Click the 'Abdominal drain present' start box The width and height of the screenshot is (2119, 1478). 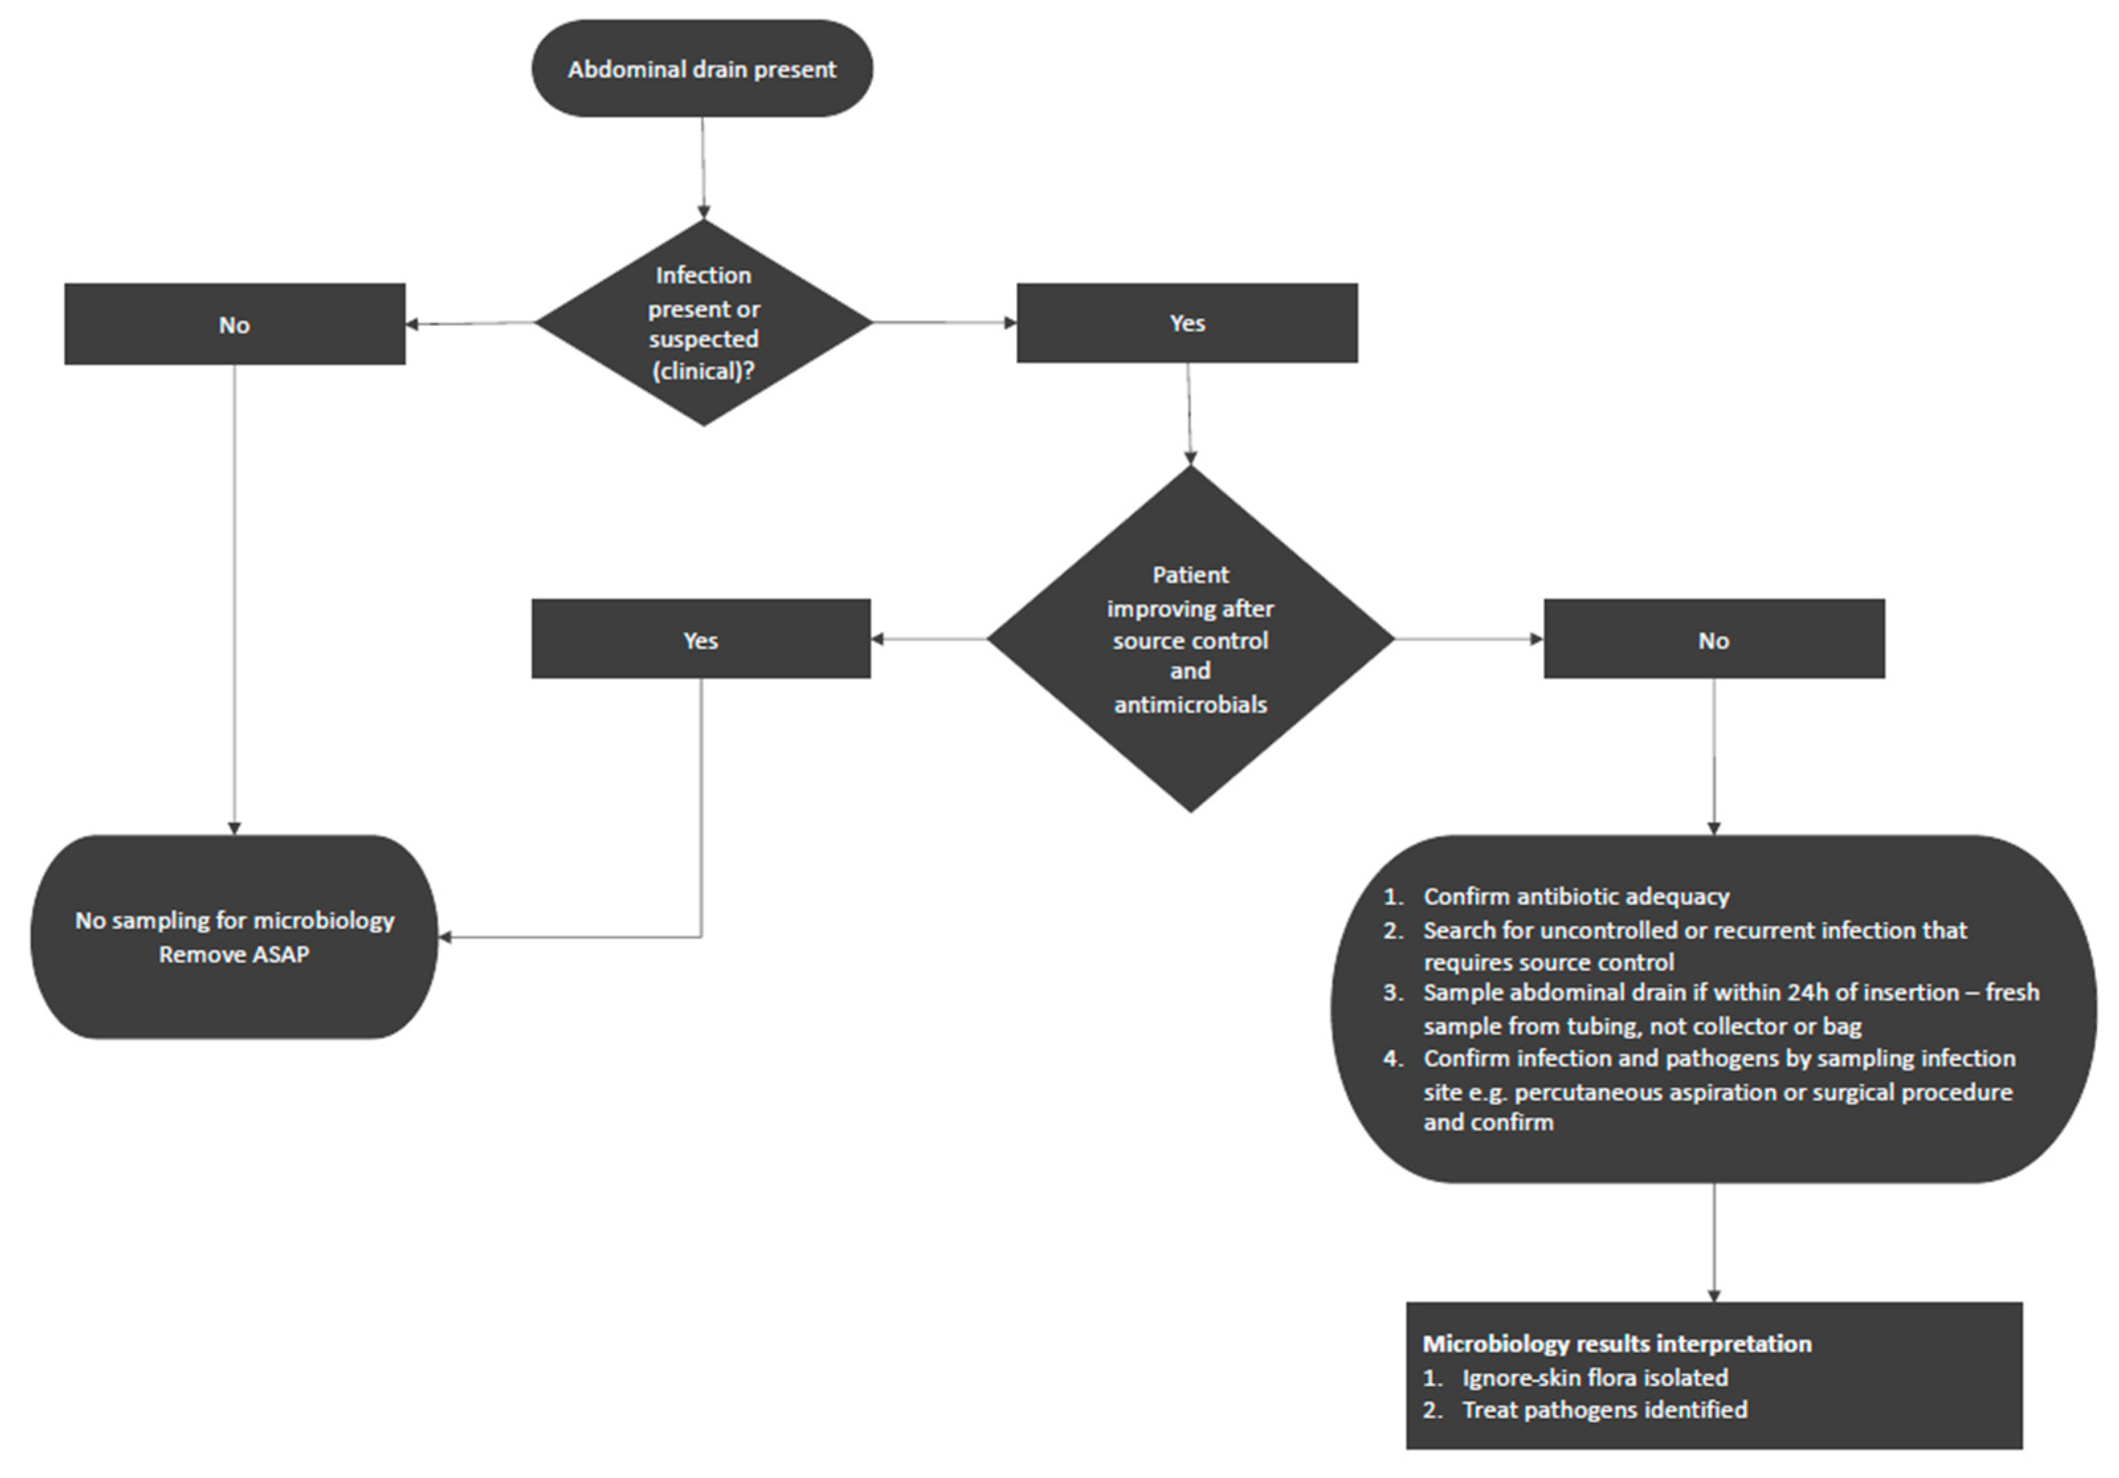pos(701,70)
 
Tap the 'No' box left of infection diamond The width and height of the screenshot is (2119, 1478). pos(234,325)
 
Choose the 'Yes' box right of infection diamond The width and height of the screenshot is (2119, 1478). pos(1187,323)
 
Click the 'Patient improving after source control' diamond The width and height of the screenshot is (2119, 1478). pos(1190,639)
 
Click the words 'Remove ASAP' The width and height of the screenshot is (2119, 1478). pos(234,955)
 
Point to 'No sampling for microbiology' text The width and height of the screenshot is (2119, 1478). pos(234,920)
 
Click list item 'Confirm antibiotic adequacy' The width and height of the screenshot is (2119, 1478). pos(1576,896)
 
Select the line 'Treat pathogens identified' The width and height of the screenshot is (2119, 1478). pos(1604,1410)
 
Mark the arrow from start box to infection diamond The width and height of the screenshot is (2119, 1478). pos(703,166)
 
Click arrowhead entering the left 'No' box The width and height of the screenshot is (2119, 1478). pos(413,324)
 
